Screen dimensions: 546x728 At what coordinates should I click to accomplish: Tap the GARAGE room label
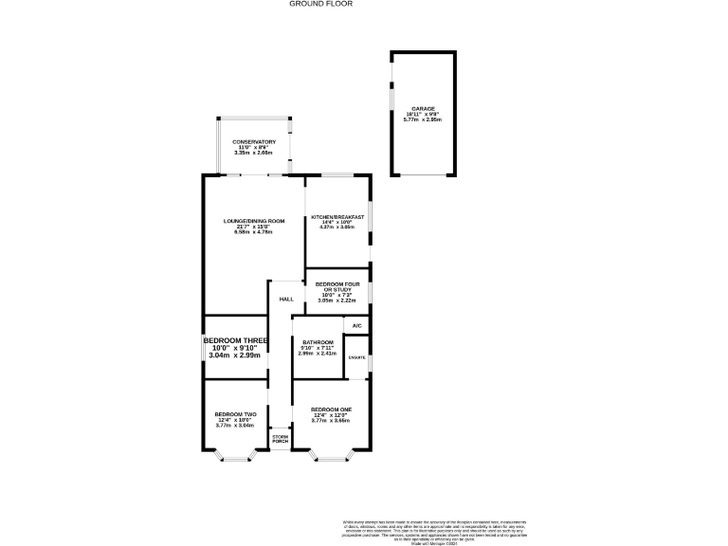click(x=422, y=109)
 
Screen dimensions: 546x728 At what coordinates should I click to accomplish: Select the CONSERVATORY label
click(x=254, y=142)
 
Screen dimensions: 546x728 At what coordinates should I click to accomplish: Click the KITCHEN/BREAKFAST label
click(x=337, y=218)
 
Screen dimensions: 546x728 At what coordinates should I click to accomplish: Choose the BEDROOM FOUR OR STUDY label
click(x=337, y=287)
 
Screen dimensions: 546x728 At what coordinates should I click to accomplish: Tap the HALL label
click(x=285, y=299)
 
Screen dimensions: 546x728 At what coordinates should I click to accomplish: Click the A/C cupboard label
click(x=356, y=326)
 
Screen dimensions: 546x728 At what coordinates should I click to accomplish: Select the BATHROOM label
click(x=318, y=342)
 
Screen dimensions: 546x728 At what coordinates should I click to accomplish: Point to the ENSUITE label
click(x=357, y=357)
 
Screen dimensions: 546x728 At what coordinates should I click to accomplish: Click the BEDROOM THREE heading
click(x=235, y=339)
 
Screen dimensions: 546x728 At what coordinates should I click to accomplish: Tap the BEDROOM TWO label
click(x=235, y=414)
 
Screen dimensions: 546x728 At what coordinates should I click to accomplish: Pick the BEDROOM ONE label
click(x=331, y=409)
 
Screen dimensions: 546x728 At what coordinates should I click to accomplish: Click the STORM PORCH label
click(x=280, y=439)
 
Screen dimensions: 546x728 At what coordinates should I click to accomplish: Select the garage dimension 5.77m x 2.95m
click(x=422, y=119)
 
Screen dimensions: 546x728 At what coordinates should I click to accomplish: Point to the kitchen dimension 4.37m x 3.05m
click(x=337, y=227)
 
